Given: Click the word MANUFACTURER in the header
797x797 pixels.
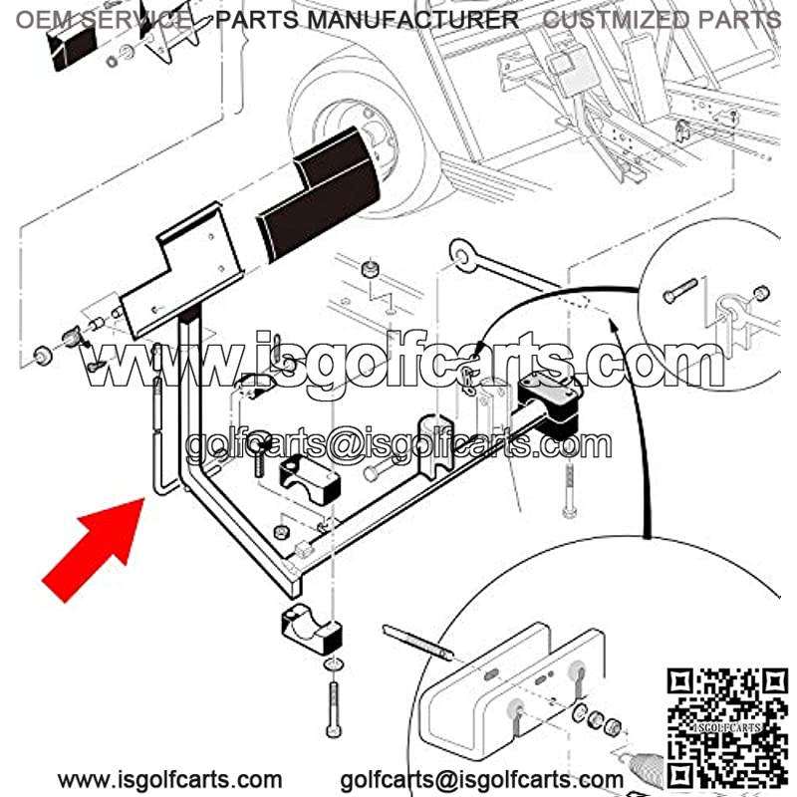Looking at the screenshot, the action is [412, 20].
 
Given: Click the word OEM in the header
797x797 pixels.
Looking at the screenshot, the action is [45, 20].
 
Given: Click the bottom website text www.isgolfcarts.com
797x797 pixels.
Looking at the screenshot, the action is [169, 779].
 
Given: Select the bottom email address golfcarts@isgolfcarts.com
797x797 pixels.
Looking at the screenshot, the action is [481, 779].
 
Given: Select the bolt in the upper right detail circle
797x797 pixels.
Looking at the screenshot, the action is [680, 291].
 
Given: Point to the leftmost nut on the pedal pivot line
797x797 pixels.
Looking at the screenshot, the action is [42, 355].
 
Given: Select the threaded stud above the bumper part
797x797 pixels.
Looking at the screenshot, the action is [417, 642].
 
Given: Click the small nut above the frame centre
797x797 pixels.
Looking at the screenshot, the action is [371, 268].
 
